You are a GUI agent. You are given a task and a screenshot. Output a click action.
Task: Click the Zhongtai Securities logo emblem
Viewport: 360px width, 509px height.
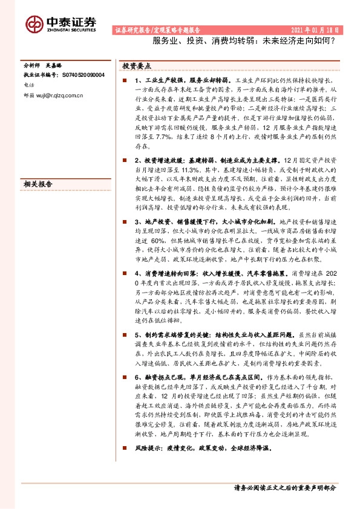coord(34,24)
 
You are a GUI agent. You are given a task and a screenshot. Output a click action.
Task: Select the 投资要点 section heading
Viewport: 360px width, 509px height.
coord(137,65)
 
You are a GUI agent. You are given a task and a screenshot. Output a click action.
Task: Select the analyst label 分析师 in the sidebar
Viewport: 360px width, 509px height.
coord(33,65)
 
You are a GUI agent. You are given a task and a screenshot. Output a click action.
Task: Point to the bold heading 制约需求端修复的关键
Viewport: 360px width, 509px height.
coord(174,335)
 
